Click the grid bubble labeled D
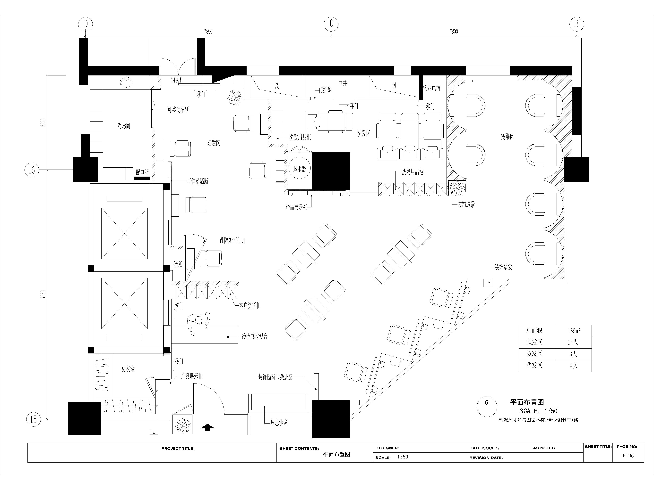pos(86,24)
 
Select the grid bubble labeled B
pos(577,24)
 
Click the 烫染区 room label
pos(507,136)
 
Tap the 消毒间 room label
pos(124,126)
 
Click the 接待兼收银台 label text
pos(255,336)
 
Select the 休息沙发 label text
pos(279,423)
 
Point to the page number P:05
pos(628,456)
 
